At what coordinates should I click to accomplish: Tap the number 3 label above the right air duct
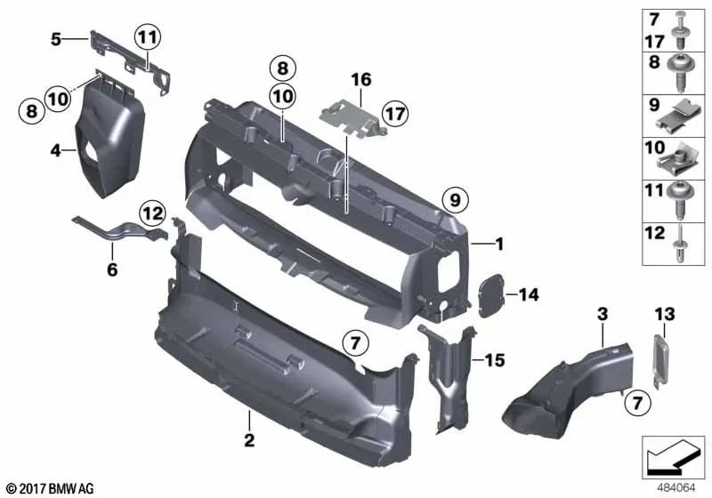(603, 314)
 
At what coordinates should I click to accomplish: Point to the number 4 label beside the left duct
(56, 152)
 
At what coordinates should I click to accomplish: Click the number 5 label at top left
(55, 38)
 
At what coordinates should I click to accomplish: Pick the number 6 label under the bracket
(112, 269)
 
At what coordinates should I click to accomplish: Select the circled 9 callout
(453, 202)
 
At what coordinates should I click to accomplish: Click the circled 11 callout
(147, 38)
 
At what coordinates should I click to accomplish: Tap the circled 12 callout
(152, 212)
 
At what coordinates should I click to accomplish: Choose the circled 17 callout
(396, 113)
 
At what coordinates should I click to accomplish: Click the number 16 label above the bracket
(360, 80)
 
